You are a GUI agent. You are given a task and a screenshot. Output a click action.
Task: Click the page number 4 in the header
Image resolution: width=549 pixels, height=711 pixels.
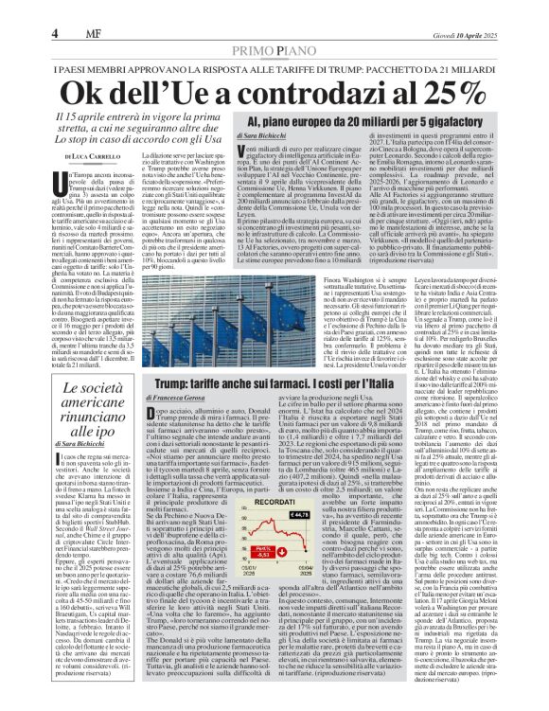[17, 9]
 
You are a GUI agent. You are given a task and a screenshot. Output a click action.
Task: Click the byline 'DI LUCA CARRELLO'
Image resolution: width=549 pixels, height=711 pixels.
[92, 154]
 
